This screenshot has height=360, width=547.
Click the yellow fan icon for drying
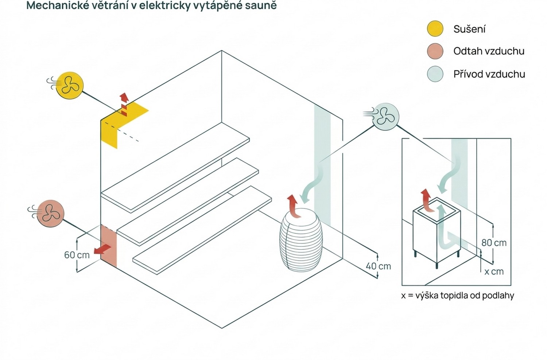[70, 85]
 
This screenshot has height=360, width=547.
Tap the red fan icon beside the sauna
[51, 214]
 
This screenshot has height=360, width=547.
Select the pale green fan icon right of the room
[385, 117]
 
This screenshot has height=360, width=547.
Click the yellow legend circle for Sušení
[435, 28]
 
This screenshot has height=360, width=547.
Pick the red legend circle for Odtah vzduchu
[435, 51]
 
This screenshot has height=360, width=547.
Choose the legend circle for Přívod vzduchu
[435, 74]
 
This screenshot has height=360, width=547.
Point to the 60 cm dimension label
[77, 255]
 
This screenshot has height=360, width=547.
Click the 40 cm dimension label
[378, 266]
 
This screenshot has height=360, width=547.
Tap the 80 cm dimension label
[494, 243]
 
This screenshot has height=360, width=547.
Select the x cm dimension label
[494, 272]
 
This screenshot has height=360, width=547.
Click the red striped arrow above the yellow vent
[124, 104]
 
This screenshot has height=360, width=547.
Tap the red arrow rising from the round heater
[294, 207]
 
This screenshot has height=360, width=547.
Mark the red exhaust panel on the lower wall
[109, 246]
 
